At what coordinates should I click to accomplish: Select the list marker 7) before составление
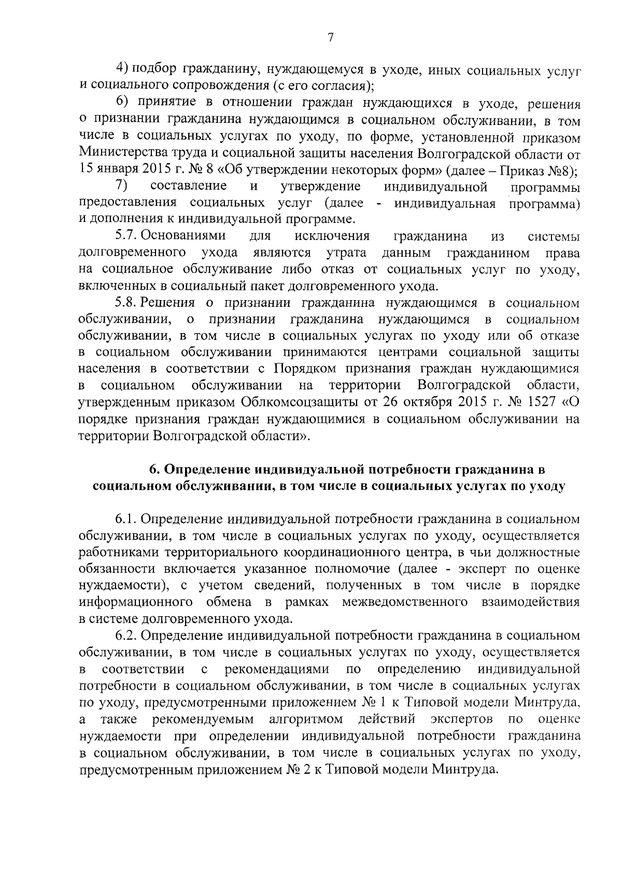tap(121, 186)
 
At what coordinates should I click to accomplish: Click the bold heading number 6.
tap(153, 469)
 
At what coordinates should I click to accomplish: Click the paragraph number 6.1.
tap(126, 519)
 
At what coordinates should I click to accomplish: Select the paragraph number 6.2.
tap(126, 635)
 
